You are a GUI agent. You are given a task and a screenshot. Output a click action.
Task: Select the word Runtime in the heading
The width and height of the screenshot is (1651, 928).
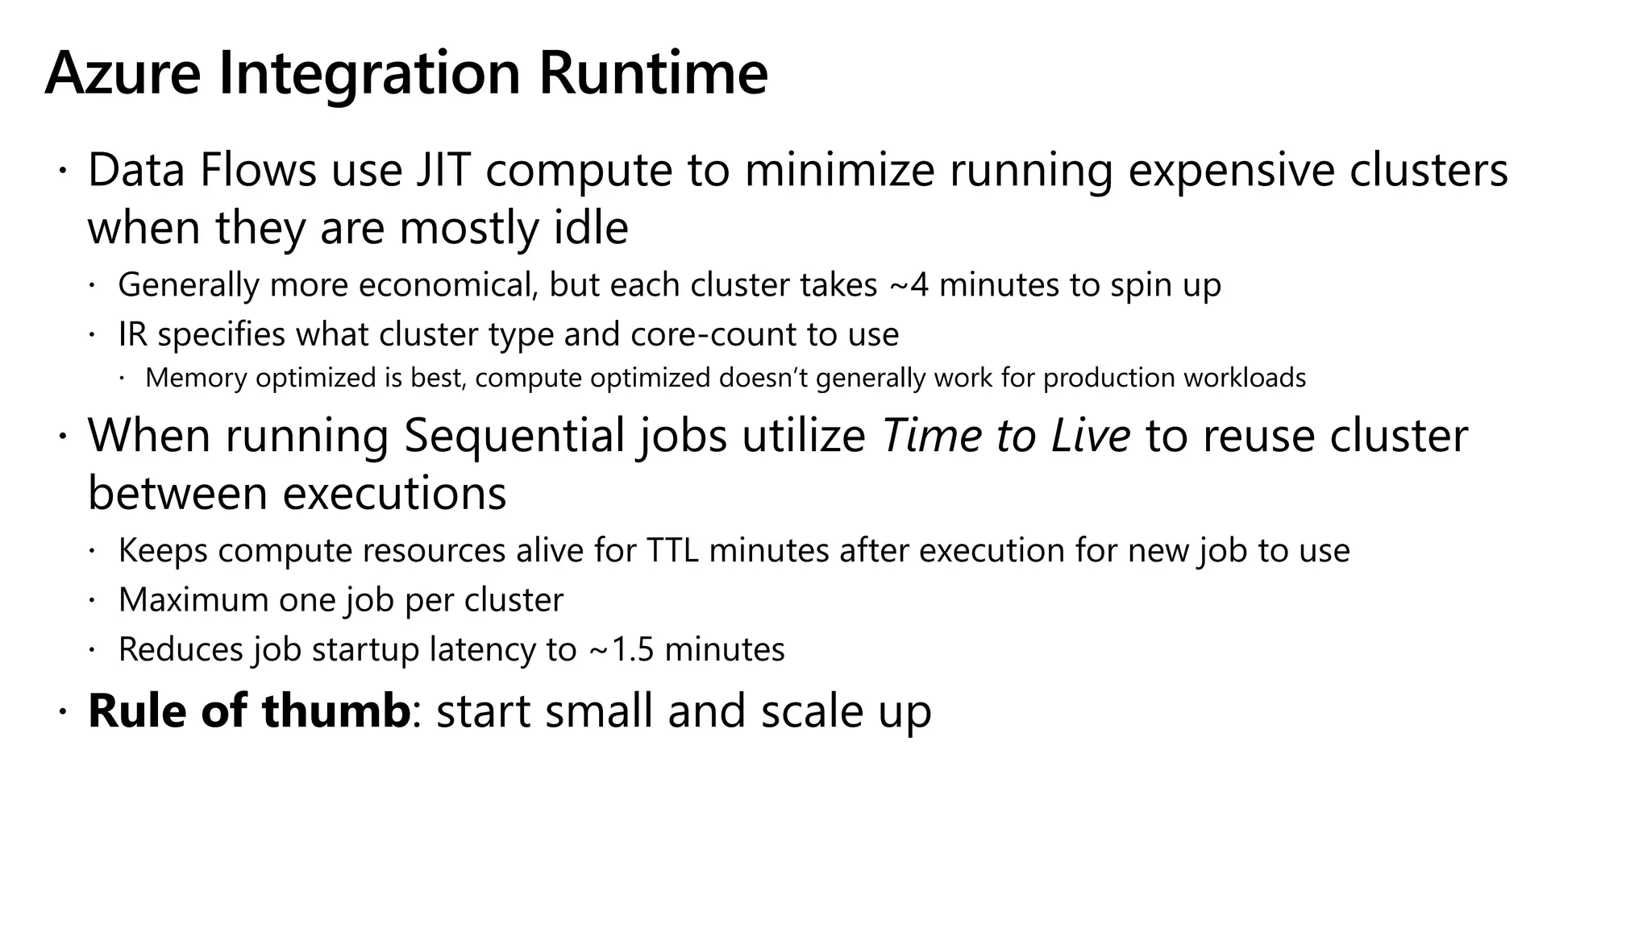[x=653, y=74]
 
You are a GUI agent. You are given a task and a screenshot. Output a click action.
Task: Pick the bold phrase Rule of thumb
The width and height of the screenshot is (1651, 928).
[x=248, y=711]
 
